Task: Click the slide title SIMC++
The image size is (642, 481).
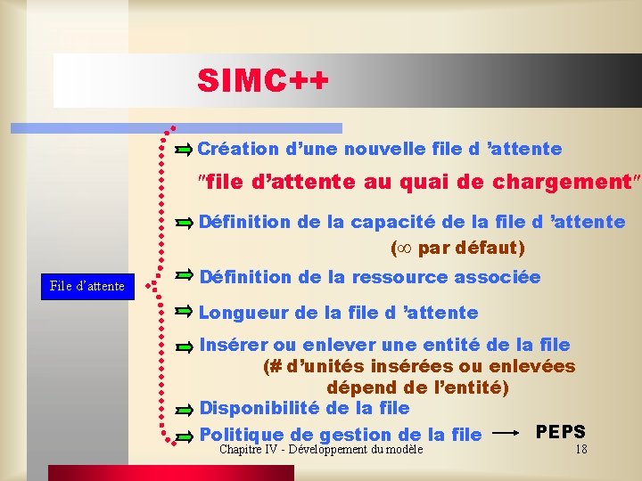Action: point(263,81)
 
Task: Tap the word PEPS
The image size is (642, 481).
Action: point(561,432)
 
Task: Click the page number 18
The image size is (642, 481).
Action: point(580,449)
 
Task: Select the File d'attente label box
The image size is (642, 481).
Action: point(86,286)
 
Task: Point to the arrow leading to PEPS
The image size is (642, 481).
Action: point(507,433)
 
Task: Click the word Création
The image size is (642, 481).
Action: point(234,148)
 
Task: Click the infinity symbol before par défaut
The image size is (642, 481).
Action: point(404,247)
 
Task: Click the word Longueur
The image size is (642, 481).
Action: point(238,313)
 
